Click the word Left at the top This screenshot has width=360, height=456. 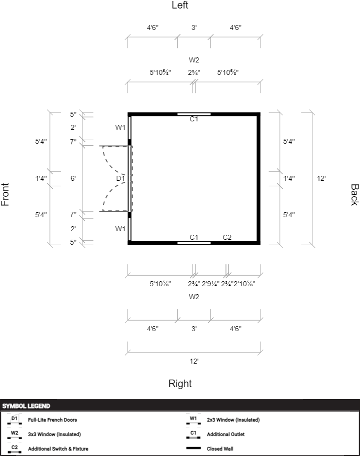[x=180, y=5]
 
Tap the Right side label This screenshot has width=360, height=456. [x=180, y=384]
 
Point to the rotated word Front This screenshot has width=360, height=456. [x=5, y=195]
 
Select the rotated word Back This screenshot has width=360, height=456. [x=354, y=195]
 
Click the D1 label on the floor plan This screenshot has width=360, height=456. [x=120, y=178]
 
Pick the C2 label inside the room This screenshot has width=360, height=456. [x=227, y=237]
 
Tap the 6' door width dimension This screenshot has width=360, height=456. [x=73, y=178]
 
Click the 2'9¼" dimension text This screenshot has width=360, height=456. [x=210, y=284]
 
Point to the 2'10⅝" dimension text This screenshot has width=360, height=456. [x=244, y=284]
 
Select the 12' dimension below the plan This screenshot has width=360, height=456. [x=194, y=361]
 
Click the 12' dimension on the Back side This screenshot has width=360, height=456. [x=321, y=178]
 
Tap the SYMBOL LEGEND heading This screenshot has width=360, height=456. [x=26, y=406]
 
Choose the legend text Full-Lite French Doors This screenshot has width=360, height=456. [x=52, y=420]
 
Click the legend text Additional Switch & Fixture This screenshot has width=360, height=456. [x=58, y=449]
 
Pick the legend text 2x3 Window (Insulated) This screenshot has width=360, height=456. [x=233, y=420]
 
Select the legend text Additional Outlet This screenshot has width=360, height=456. [x=226, y=434]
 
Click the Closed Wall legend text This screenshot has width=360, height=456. [x=220, y=449]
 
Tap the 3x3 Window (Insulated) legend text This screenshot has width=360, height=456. [x=54, y=435]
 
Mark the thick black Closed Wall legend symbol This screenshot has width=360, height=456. [x=193, y=449]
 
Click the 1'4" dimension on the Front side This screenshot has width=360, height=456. [x=41, y=178]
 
